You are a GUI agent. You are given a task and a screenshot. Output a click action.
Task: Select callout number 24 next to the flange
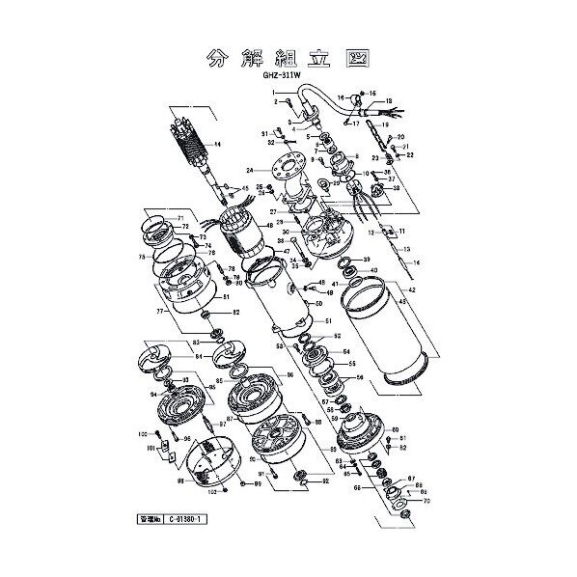(248, 170)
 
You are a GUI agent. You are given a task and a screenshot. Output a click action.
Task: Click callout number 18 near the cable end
(388, 101)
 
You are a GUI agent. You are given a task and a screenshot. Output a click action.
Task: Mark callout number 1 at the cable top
(275, 91)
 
